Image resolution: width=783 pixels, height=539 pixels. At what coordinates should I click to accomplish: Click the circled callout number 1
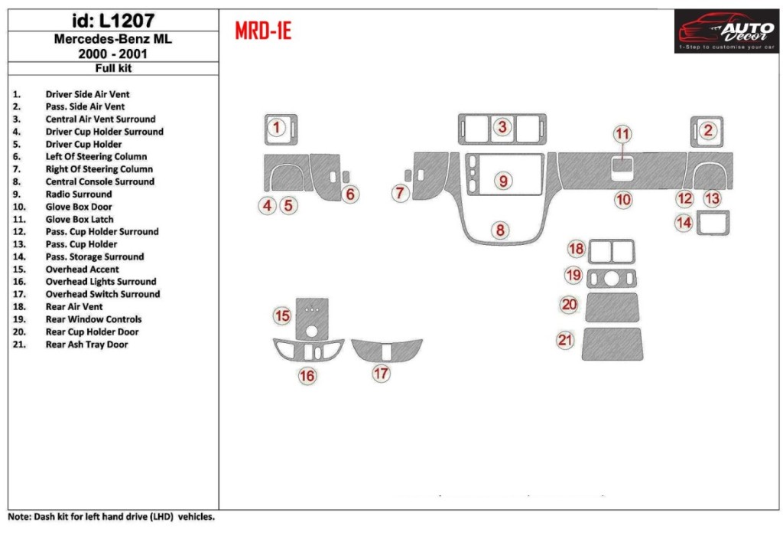click(277, 127)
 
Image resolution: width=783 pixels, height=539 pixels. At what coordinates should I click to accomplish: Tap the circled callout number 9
click(503, 181)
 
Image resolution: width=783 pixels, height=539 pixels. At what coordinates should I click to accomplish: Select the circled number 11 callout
click(623, 134)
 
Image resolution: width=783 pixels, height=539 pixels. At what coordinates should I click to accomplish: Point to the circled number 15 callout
click(283, 315)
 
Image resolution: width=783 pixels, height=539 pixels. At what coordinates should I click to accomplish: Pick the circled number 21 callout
click(565, 340)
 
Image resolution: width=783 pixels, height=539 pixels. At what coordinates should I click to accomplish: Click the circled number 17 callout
click(381, 373)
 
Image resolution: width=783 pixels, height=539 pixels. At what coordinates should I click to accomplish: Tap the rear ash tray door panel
click(612, 344)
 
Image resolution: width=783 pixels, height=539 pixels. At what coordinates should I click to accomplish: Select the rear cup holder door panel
click(612, 306)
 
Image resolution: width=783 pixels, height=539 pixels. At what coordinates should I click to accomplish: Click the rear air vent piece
click(611, 251)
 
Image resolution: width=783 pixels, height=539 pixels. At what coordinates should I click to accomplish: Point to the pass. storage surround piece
click(712, 223)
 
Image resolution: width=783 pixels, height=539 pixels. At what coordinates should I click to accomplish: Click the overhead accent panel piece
click(312, 318)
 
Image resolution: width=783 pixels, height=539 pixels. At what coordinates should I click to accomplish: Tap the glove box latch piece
click(623, 166)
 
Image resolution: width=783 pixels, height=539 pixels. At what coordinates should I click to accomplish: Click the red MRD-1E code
click(262, 31)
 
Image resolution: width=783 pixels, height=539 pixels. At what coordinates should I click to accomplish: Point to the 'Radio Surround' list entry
click(78, 194)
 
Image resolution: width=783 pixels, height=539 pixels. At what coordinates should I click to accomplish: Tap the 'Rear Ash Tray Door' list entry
click(86, 345)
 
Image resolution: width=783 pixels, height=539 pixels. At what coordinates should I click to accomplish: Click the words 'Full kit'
click(113, 68)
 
